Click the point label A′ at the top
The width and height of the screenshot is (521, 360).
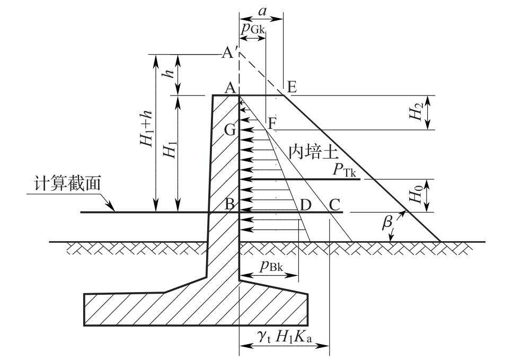(x=228, y=52)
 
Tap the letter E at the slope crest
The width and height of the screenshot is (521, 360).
(x=292, y=87)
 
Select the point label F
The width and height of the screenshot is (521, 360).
(x=272, y=124)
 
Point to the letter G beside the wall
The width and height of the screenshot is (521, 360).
(x=230, y=130)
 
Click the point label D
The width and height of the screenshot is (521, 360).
(x=305, y=205)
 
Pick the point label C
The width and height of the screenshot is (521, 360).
(x=334, y=205)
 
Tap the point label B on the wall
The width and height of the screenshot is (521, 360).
(x=230, y=204)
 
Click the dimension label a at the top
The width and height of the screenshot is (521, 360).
(x=262, y=12)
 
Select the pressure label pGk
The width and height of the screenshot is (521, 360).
(x=252, y=29)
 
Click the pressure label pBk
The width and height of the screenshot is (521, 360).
(x=271, y=266)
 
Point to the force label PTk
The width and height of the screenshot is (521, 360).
(x=345, y=171)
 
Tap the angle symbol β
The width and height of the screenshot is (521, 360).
(x=387, y=222)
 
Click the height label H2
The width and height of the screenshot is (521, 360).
(x=417, y=112)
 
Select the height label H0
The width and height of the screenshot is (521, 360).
(x=417, y=195)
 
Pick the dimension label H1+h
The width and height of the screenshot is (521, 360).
(x=146, y=128)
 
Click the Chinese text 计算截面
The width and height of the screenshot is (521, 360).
(x=67, y=184)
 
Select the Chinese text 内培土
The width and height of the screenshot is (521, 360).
(x=313, y=153)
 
